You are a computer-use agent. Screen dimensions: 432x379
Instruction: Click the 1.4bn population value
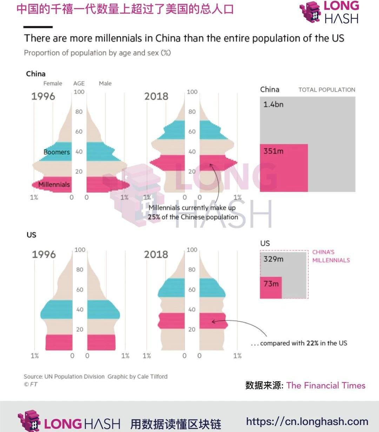pyautogui.click(x=273, y=104)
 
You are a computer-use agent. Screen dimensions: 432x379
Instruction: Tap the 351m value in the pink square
pyautogui.click(x=273, y=151)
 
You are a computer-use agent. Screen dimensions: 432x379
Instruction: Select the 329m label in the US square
pyautogui.click(x=273, y=259)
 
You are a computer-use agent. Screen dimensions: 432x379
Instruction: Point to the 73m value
pyautogui.click(x=271, y=284)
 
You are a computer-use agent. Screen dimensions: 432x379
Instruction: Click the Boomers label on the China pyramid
pyautogui.click(x=56, y=152)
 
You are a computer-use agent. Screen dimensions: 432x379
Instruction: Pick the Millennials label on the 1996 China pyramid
pyautogui.click(x=54, y=185)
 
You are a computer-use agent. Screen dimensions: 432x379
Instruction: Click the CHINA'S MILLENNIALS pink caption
pyautogui.click(x=331, y=256)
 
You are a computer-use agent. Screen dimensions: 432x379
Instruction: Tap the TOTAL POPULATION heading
pyautogui.click(x=327, y=90)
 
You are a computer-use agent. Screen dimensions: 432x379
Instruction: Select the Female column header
pyautogui.click(x=53, y=84)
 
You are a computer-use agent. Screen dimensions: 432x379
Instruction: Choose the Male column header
pyautogui.click(x=105, y=84)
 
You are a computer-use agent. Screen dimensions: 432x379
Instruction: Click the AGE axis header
pyautogui.click(x=79, y=84)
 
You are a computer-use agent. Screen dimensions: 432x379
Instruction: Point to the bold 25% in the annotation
pyautogui.click(x=154, y=217)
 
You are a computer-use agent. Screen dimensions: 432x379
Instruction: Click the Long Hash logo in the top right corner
pyautogui.click(x=329, y=12)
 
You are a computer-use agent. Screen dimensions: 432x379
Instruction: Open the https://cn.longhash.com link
pyautogui.click(x=307, y=421)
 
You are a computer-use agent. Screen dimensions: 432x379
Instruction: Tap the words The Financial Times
pyautogui.click(x=326, y=385)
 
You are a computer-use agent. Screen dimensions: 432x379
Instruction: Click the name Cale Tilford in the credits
pyautogui.click(x=152, y=377)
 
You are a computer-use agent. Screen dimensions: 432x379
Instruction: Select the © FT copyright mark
pyautogui.click(x=31, y=384)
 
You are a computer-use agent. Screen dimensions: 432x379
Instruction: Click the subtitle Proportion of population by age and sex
pyautogui.click(x=97, y=53)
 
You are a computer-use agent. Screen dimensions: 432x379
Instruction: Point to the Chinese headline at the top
pyautogui.click(x=125, y=9)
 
